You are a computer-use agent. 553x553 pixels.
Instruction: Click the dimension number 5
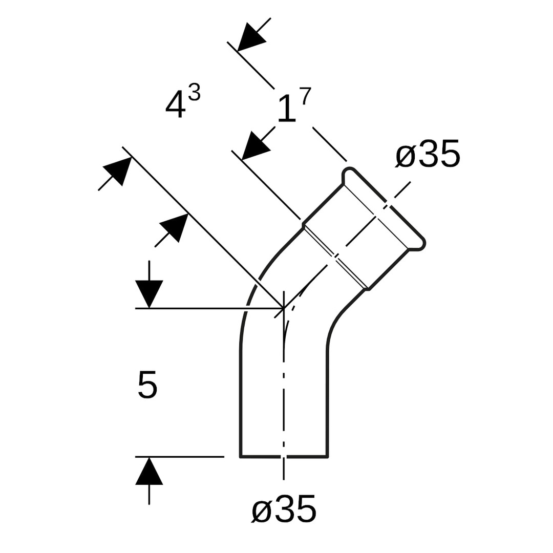coord(147,385)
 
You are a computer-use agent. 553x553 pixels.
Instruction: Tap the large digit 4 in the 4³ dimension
coord(175,104)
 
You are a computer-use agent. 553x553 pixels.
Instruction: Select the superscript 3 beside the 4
coord(194,92)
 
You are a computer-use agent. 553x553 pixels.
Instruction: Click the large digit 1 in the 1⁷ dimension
coord(287,108)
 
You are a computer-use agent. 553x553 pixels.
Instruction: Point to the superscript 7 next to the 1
coord(305,96)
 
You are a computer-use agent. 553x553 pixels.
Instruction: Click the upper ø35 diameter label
coord(428,154)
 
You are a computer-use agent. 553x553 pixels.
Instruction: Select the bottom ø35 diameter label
coord(284,509)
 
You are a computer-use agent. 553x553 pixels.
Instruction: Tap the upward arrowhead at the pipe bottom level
coord(149,472)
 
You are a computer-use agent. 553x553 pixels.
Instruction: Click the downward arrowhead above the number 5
coord(149,293)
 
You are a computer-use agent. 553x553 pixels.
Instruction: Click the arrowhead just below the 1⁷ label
coord(254,146)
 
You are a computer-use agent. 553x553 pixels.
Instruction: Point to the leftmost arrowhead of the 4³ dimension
coord(118,170)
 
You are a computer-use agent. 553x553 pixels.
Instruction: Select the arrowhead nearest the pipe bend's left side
coord(175,227)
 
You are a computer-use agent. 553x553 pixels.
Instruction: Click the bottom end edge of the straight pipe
coord(284,456)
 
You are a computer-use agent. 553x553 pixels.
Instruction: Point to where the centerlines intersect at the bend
coord(284,308)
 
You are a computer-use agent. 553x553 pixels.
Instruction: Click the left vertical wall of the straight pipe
coord(240,399)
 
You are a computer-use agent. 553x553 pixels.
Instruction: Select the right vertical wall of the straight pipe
coord(327,399)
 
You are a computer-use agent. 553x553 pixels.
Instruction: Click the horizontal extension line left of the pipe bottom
coord(179,456)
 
